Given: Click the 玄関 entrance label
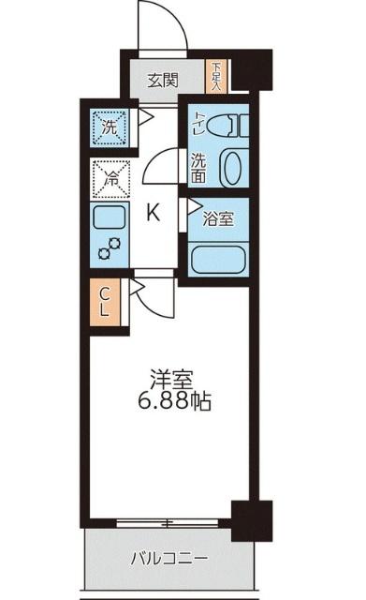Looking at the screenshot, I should point(162,80).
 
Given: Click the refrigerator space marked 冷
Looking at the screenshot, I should point(109,176).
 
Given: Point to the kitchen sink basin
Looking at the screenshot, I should point(110,218).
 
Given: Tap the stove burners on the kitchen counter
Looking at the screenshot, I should point(110,247).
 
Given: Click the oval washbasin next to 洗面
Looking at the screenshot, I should point(234,165).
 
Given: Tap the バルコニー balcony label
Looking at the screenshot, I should point(169,560).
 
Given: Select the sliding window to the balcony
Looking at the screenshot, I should point(168,521).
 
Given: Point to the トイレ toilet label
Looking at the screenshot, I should point(198,121).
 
